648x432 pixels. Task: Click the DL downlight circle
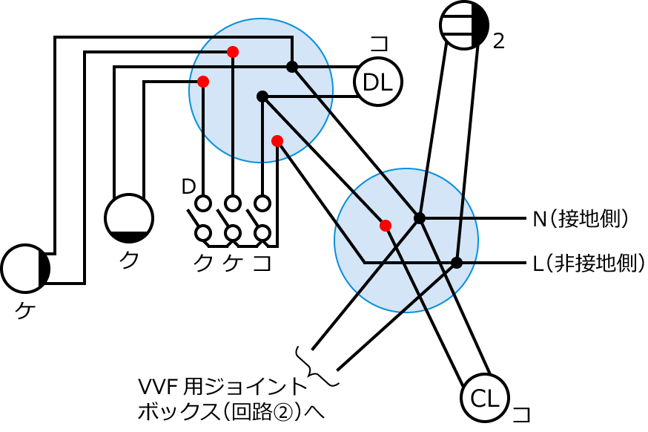pyautogui.click(x=378, y=82)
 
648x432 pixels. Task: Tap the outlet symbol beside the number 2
pyautogui.click(x=464, y=24)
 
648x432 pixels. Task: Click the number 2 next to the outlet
pyautogui.click(x=498, y=42)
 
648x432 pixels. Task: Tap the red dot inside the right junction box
pyautogui.click(x=385, y=225)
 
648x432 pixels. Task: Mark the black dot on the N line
pyautogui.click(x=420, y=218)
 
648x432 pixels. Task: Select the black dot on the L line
pyautogui.click(x=457, y=262)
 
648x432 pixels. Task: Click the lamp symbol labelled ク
pyautogui.click(x=129, y=218)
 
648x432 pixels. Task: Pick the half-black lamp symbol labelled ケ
pyautogui.click(x=25, y=269)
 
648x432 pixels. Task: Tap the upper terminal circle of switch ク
pyautogui.click(x=203, y=203)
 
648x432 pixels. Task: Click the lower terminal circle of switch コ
pyautogui.click(x=262, y=233)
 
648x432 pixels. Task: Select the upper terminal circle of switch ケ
pyautogui.click(x=233, y=203)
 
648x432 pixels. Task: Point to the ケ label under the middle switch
pyautogui.click(x=233, y=261)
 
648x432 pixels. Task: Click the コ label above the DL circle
pyautogui.click(x=379, y=44)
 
